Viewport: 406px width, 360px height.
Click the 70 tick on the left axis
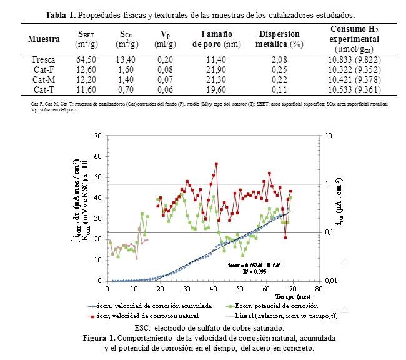tap(97, 135)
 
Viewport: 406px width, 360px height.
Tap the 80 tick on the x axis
tap(320, 289)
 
